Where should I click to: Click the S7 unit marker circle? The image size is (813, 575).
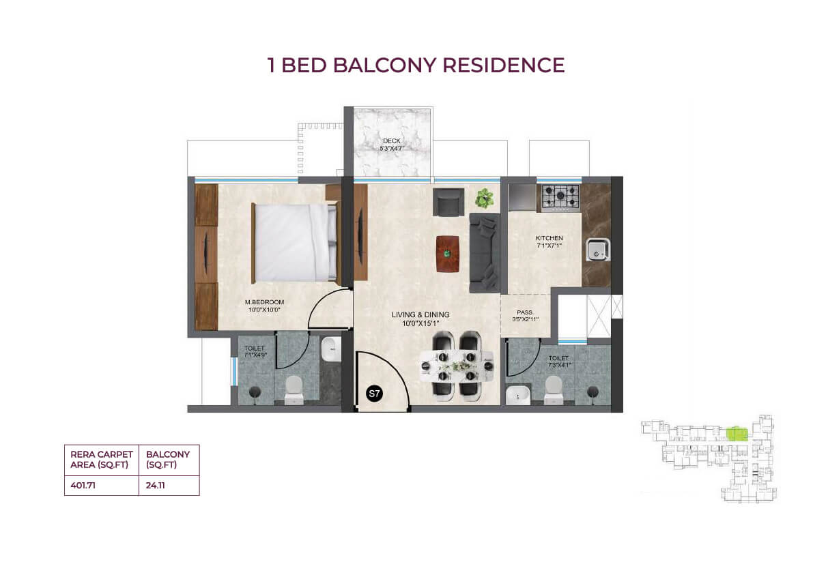pos(374,394)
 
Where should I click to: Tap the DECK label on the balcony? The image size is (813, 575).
pos(392,141)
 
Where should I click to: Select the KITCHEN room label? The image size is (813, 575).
pos(549,238)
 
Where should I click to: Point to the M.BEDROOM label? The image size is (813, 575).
pos(264,302)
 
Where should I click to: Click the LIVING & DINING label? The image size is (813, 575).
pos(420,314)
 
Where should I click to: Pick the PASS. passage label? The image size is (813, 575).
pos(525,312)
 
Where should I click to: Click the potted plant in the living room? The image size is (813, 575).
pos(485,198)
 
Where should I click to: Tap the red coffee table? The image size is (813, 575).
pos(448,254)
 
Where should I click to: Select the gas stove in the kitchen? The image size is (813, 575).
pos(560,197)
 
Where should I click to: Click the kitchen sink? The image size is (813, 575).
pos(598,250)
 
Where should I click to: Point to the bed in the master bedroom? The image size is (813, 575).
pos(294,242)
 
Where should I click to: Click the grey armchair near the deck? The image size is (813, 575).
pos(448,201)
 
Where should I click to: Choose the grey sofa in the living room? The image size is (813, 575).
pos(485,253)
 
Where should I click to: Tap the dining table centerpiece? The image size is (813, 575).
pos(457,367)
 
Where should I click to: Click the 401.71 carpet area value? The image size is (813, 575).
pos(83,486)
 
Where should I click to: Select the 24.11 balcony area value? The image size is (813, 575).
pos(156,486)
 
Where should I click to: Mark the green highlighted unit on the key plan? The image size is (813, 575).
pos(737,434)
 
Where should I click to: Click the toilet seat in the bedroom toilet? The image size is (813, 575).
pos(294,389)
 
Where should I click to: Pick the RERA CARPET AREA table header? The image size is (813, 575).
pos(102,460)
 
